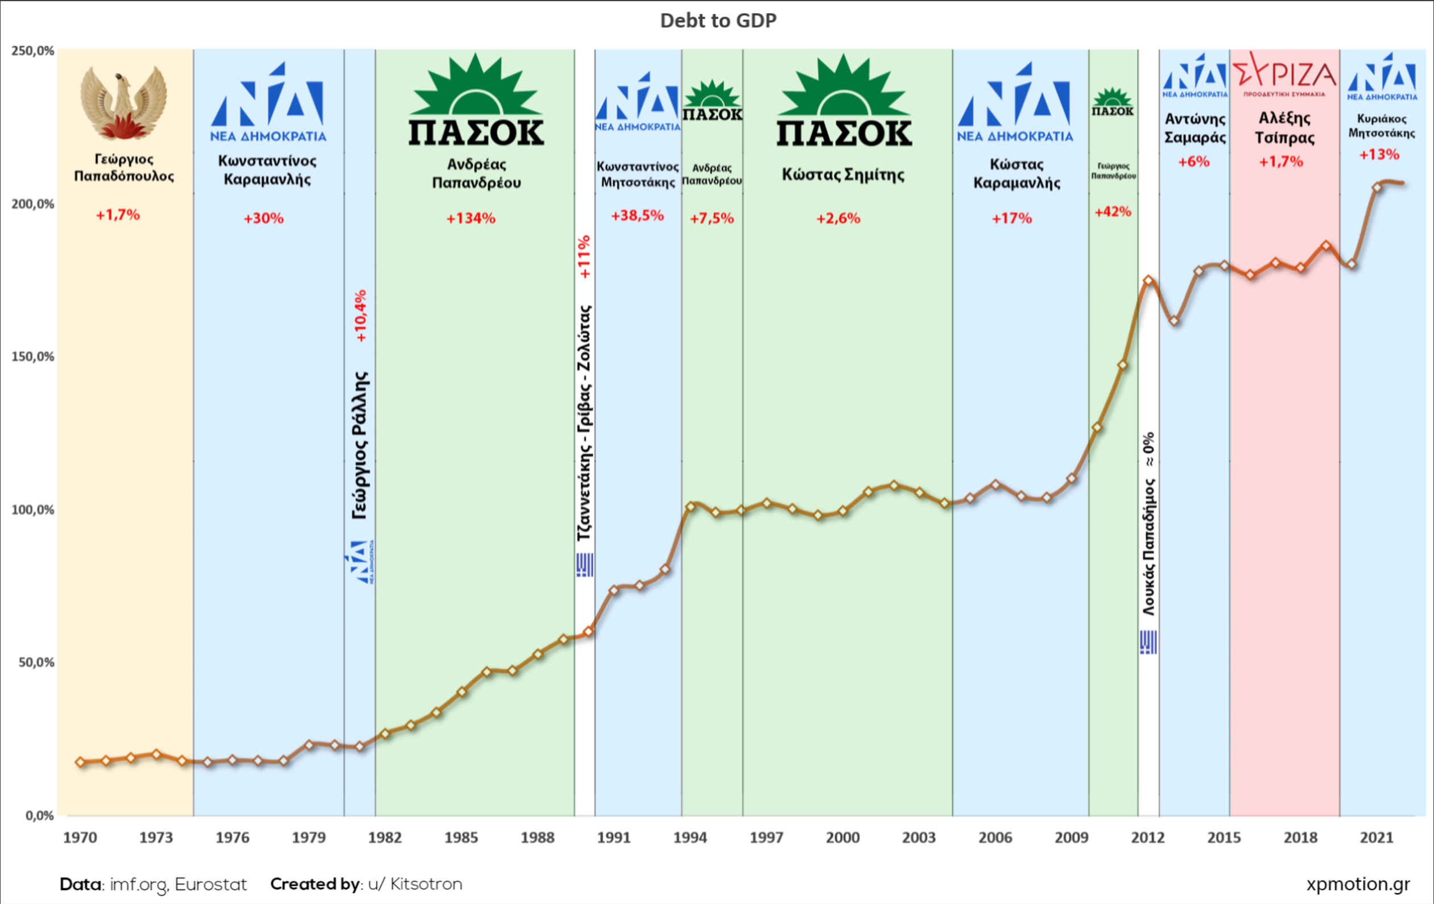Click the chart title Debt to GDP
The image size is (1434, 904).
[718, 21]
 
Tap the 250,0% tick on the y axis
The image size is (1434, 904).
[33, 51]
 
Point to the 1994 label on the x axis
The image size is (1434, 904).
[689, 838]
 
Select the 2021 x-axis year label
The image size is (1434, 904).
[1376, 838]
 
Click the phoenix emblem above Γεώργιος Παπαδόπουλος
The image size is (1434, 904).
[123, 102]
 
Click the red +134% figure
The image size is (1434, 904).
[470, 218]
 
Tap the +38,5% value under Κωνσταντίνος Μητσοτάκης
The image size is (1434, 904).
[637, 215]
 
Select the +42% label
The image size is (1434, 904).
[1113, 212]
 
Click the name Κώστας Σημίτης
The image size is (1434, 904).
[842, 175]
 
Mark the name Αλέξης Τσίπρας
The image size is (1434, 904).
[1284, 128]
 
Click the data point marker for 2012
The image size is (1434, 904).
[1148, 280]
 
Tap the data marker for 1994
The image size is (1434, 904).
[690, 507]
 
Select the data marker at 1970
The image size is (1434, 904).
[80, 762]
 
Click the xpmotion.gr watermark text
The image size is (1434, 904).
[1358, 884]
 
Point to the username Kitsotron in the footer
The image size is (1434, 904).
[426, 884]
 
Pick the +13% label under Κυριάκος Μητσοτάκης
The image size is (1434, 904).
[1379, 155]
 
